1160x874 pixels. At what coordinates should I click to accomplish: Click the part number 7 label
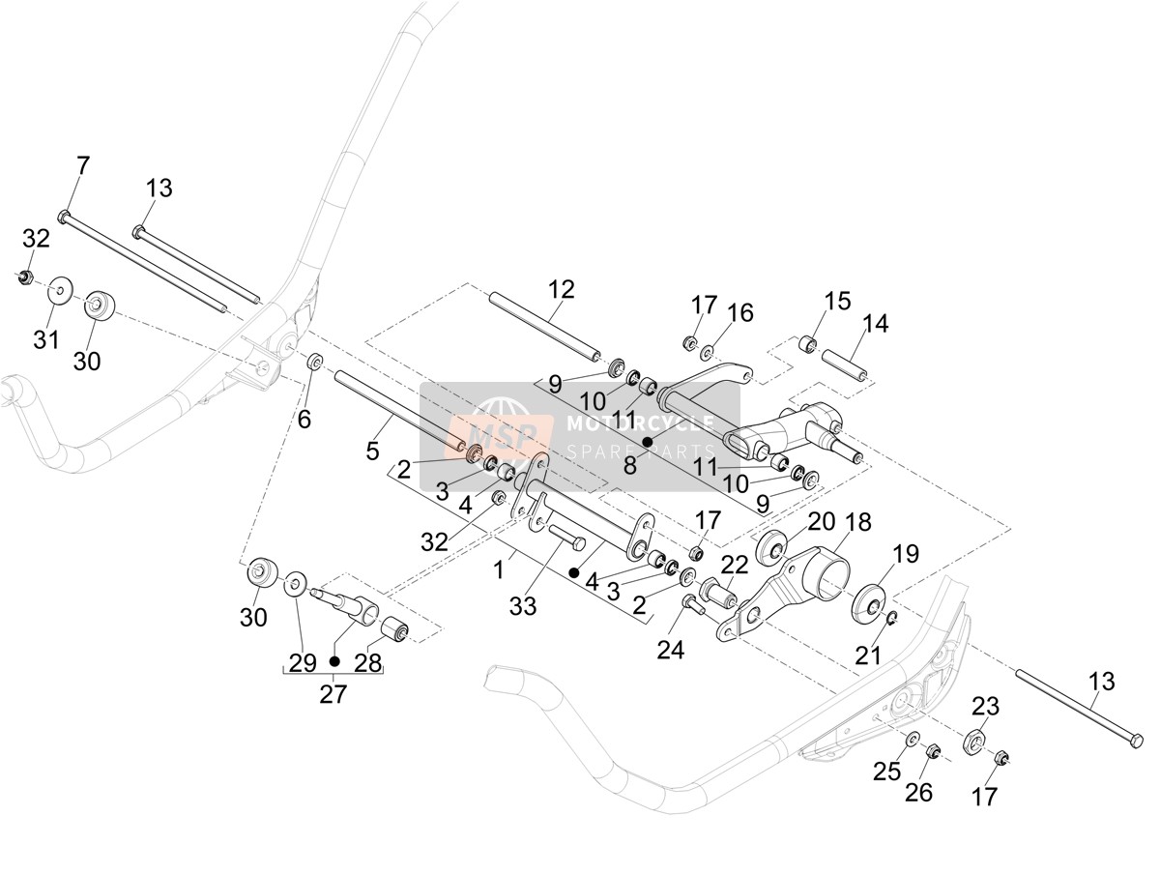coord(82,165)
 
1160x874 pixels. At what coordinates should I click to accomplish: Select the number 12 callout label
coord(562,289)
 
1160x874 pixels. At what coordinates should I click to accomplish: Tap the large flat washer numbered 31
coord(61,290)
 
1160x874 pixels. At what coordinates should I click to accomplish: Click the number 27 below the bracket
coord(333,694)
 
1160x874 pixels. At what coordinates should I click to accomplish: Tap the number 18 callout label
coord(857,523)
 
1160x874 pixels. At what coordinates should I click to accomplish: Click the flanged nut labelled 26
coord(933,751)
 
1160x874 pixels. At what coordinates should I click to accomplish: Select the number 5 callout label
coord(372,451)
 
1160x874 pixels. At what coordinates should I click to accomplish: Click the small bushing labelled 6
coord(314,364)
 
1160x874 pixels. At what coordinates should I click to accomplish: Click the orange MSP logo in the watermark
coord(501,436)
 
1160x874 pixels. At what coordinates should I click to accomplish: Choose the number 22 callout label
coord(735,566)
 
